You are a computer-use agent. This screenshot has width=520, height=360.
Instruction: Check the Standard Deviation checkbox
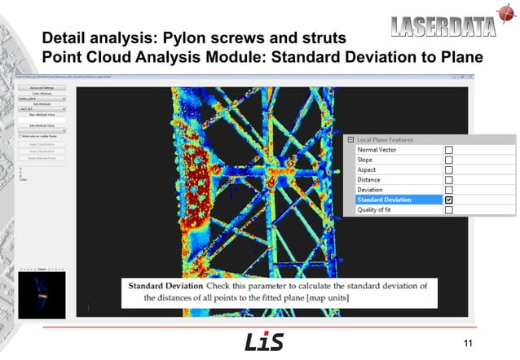pyautogui.click(x=448, y=200)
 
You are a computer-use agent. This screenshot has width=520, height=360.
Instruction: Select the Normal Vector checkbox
pyautogui.click(x=448, y=150)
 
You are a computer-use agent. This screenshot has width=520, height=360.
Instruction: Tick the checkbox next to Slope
pyautogui.click(x=448, y=160)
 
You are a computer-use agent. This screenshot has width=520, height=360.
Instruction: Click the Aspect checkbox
pyautogui.click(x=448, y=169)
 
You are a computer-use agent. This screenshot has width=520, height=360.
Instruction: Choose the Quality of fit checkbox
pyautogui.click(x=448, y=210)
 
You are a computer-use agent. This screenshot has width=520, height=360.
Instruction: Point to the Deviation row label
pyautogui.click(x=371, y=190)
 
